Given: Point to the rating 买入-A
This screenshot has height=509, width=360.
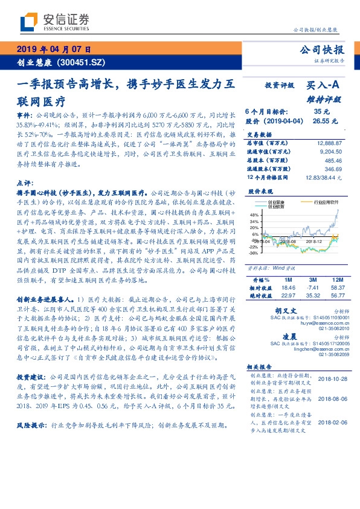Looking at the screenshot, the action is pos(324,86).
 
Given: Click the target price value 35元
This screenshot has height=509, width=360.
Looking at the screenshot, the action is pos(321,112).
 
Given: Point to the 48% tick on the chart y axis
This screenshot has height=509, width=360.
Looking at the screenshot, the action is pos(254,215).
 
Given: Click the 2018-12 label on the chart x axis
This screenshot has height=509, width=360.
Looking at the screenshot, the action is pos(317,241).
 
